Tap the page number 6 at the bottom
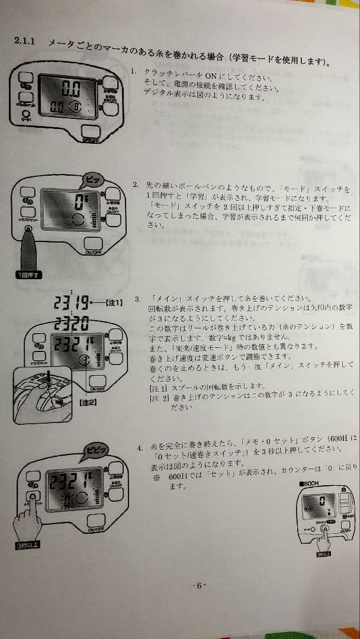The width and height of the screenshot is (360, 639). pos(199,585)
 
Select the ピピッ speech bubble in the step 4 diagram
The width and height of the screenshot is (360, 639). pos(96,450)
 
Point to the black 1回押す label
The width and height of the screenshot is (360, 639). pos(28,274)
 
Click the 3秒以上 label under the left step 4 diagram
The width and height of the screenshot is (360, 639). pos(27,545)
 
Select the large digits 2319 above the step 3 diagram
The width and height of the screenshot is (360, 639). pos(70,304)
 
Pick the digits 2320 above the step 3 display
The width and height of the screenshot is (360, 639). pos(72,323)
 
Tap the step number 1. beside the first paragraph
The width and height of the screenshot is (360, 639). pos(134,72)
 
